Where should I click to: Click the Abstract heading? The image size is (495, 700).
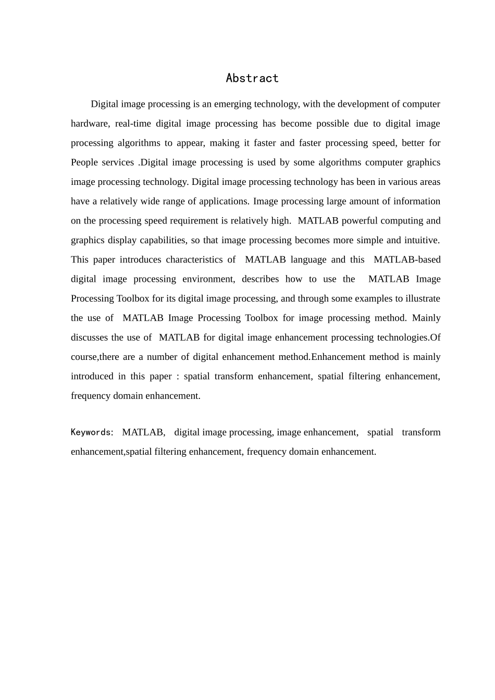coord(252,78)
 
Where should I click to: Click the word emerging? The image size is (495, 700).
coord(231,104)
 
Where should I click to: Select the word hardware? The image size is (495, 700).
coord(88,123)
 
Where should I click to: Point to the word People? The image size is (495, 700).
coord(84,162)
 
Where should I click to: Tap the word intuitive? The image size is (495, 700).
coord(420,240)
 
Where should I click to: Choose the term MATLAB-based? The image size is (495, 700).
coord(406,259)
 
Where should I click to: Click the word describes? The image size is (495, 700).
coord(260,279)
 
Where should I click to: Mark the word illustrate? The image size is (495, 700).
coord(420,298)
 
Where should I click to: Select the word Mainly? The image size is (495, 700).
coord(426,318)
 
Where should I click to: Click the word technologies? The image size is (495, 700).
coord(398,337)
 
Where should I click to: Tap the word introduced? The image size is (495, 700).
coord(92,376)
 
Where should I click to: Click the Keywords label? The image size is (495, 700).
coord(92,432)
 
